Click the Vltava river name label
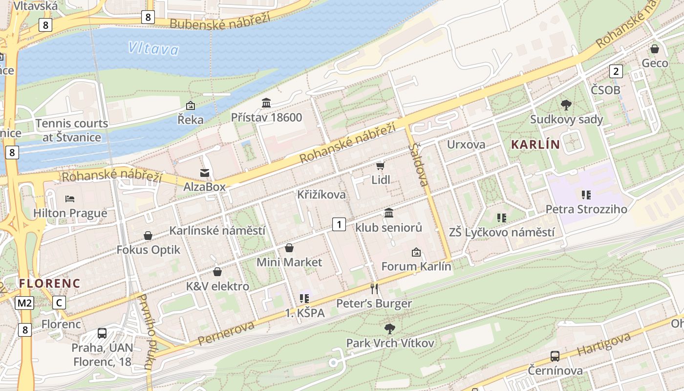153,48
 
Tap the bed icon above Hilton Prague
70,199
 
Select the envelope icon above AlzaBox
204,173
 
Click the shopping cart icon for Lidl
381,166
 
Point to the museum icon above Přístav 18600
266,103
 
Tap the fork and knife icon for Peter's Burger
374,289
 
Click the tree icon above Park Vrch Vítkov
389,328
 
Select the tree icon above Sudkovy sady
566,105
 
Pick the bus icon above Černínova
555,356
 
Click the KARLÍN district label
535,144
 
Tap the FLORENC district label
49,283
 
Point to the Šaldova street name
420,164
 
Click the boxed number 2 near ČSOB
616,71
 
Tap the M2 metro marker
24,303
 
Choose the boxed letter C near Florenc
59,303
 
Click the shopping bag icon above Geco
655,49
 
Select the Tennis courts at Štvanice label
71,130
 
